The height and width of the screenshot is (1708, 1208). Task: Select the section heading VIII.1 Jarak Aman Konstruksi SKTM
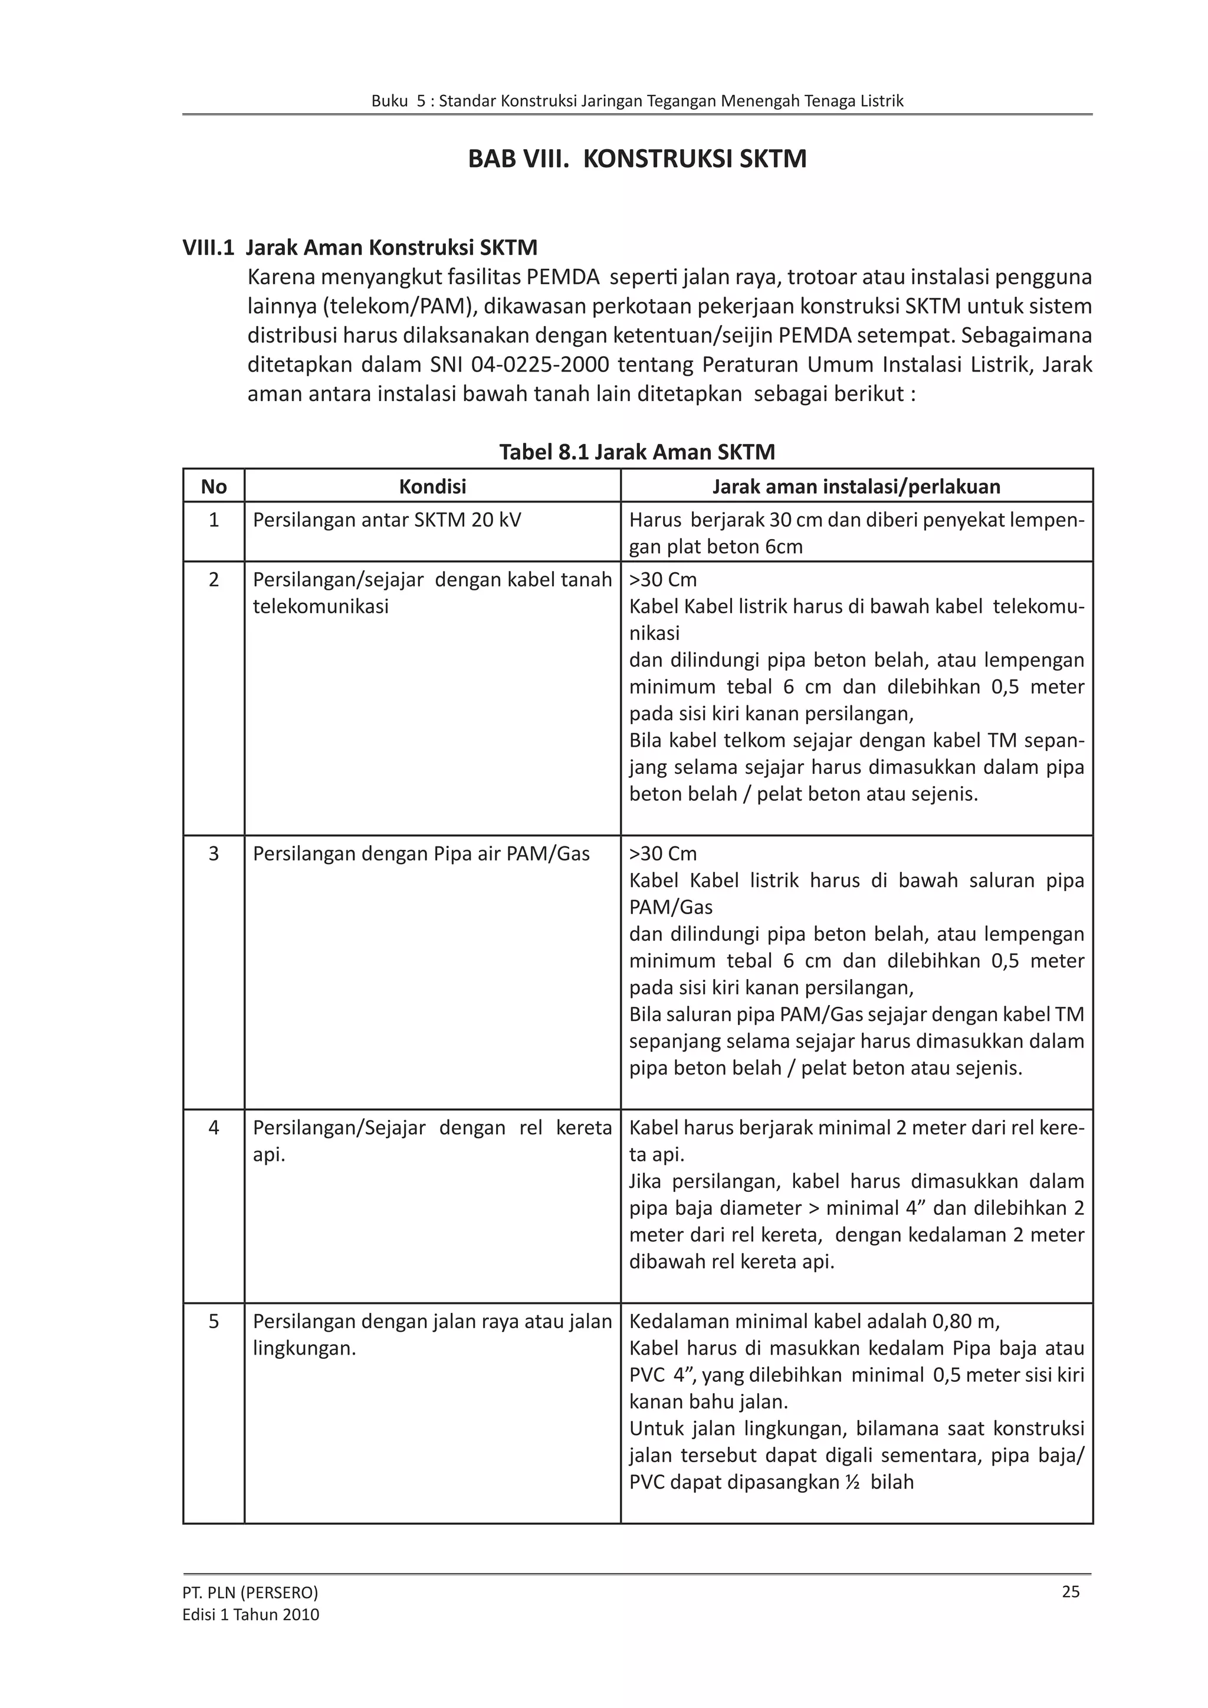[x=359, y=247]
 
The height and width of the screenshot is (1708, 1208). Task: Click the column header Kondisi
[x=432, y=487]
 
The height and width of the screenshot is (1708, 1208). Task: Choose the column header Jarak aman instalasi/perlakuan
[x=856, y=487]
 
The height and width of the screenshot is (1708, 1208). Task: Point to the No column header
[x=214, y=487]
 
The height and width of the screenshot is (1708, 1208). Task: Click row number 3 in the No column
[x=214, y=853]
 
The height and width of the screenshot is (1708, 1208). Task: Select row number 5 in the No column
[x=214, y=1321]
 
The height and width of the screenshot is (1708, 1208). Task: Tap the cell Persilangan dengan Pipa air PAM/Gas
[x=421, y=853]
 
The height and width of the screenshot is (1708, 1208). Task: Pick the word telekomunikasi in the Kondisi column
[x=321, y=606]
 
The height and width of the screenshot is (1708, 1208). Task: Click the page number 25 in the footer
[x=1071, y=1592]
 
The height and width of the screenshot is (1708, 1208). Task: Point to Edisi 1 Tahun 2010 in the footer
[x=251, y=1614]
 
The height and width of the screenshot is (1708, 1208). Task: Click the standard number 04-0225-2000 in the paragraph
[x=540, y=364]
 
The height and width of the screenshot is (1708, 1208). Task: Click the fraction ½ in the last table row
[x=852, y=1482]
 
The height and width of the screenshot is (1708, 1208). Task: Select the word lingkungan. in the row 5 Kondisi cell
[x=304, y=1348]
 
